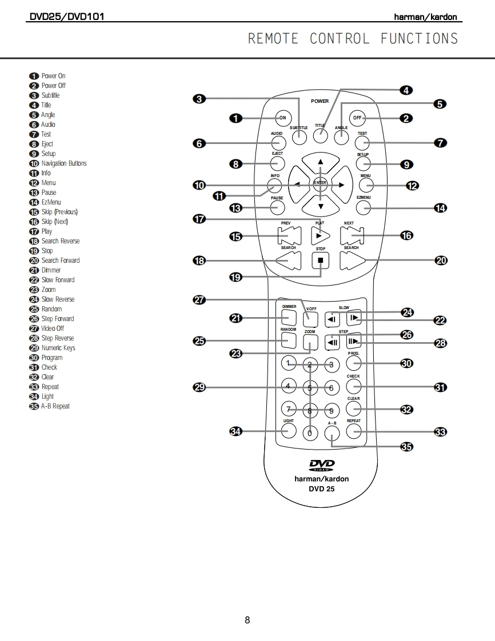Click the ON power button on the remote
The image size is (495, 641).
(x=282, y=118)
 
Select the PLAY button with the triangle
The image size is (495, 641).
(x=320, y=235)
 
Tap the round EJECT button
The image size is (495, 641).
(x=278, y=164)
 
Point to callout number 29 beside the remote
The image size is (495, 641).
(x=200, y=388)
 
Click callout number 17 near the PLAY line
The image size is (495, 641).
(x=199, y=219)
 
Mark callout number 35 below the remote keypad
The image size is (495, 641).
(x=406, y=447)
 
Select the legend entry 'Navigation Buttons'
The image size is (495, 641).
(x=63, y=163)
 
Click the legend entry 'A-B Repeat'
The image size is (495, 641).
(x=55, y=406)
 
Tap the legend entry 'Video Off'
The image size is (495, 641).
(x=52, y=328)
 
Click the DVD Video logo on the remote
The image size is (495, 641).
(x=321, y=465)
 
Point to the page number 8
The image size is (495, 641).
(x=247, y=620)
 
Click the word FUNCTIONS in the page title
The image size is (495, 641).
(x=419, y=39)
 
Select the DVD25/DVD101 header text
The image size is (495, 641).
(x=66, y=17)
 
